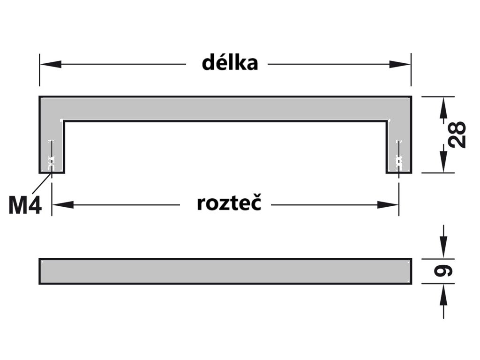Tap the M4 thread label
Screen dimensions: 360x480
click(25, 205)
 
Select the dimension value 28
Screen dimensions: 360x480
click(457, 135)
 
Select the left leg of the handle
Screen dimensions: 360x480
click(52, 145)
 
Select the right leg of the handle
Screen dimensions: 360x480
click(399, 145)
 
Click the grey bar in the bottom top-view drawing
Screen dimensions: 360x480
click(225, 271)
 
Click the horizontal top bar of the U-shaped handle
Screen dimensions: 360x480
click(225, 109)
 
